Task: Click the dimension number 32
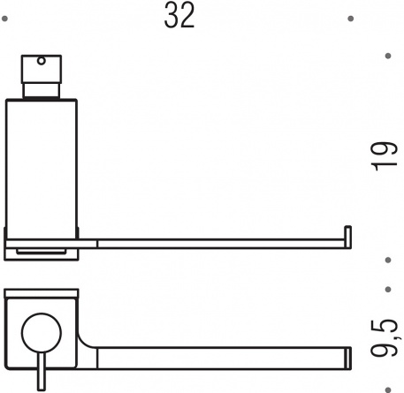coord(179,15)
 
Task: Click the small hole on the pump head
coord(42,61)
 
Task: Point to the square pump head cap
coord(42,69)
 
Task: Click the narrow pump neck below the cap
coord(42,91)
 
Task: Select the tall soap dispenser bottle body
coord(42,170)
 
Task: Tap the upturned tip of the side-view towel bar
coord(348,237)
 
